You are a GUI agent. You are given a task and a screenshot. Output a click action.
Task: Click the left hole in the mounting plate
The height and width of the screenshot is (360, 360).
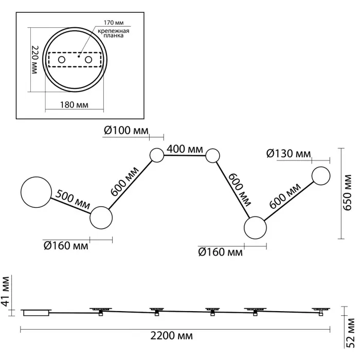[62, 60]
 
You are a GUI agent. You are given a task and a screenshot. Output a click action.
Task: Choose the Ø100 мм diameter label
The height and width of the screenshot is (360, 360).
[125, 130]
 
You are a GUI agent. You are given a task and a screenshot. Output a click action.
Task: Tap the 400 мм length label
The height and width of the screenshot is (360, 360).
[184, 150]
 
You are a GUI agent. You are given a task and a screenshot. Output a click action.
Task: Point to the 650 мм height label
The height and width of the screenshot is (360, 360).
[349, 193]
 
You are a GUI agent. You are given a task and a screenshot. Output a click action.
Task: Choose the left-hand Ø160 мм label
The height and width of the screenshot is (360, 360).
[66, 246]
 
